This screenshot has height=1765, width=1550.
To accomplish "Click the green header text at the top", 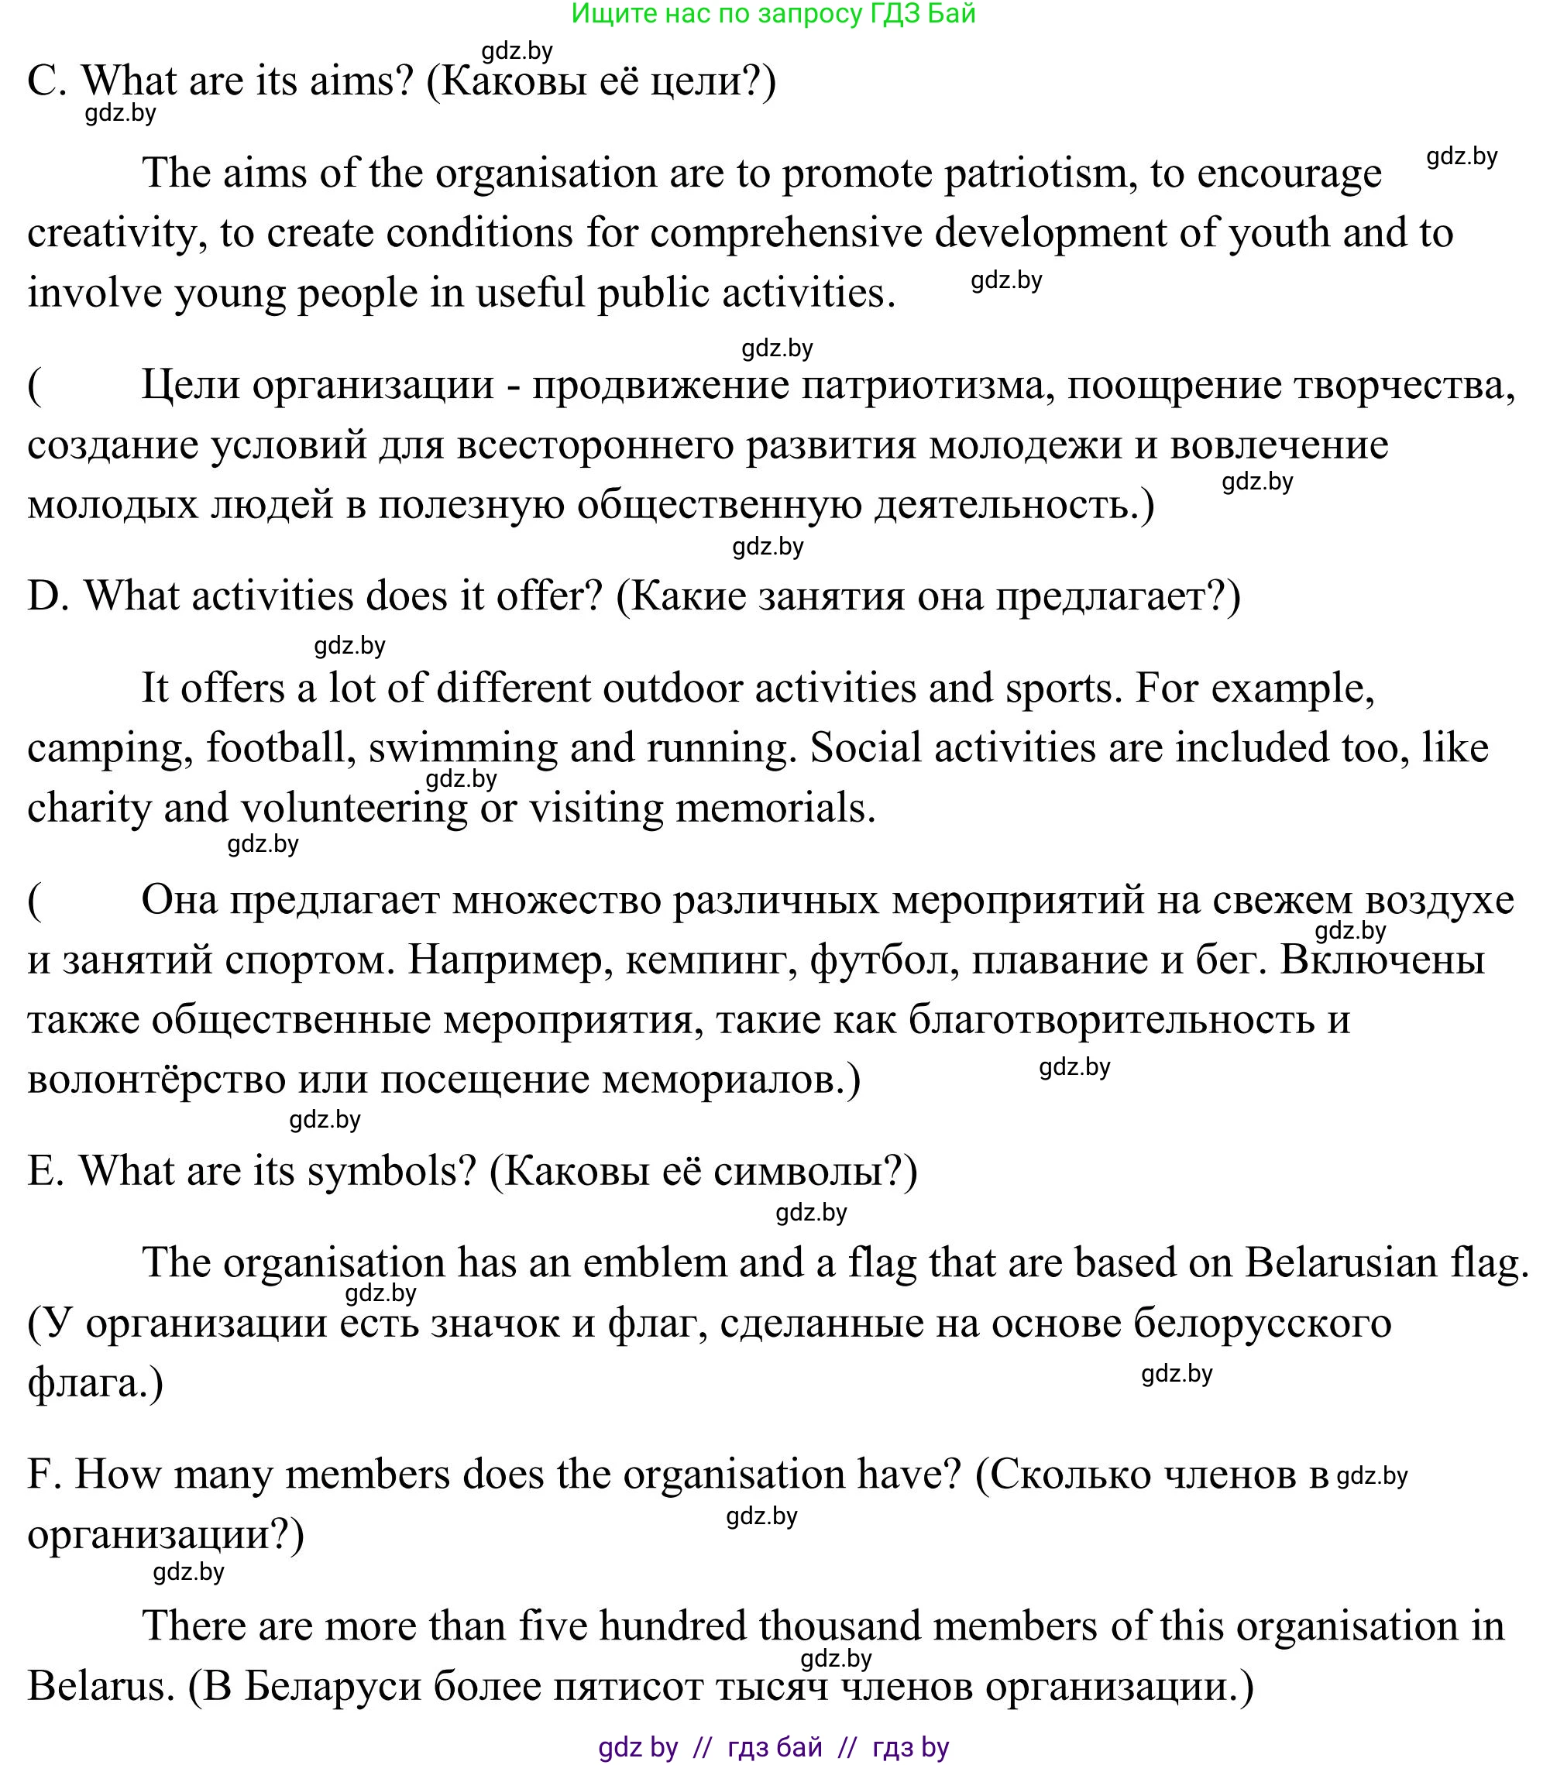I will coord(773,14).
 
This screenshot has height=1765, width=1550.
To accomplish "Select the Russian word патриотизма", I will coord(926,385).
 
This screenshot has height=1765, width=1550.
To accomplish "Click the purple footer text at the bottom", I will coord(773,1748).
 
